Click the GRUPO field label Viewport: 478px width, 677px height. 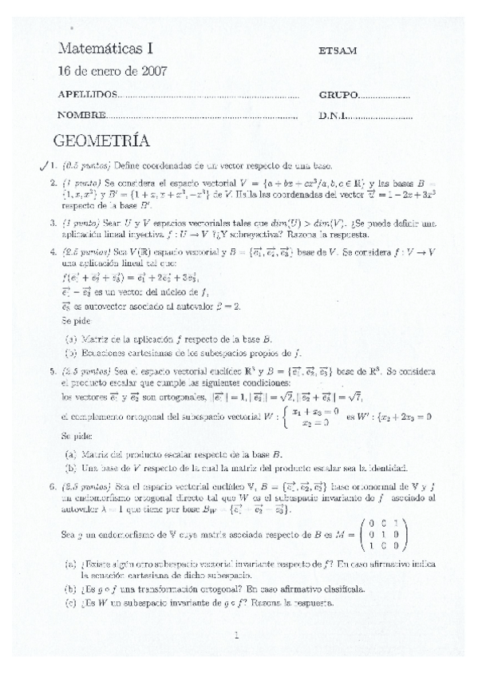pos(338,95)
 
